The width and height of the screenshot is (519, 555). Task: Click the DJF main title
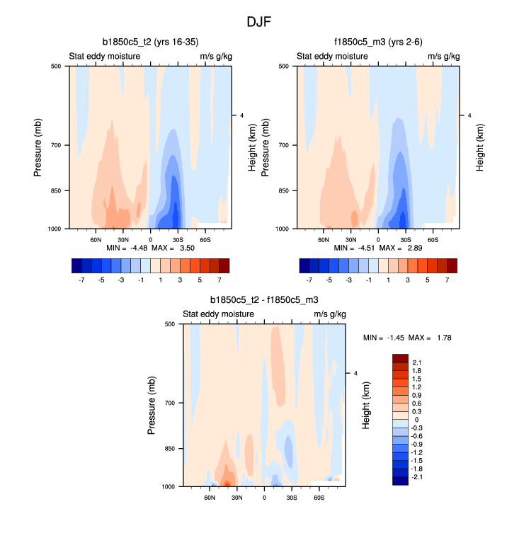pyautogui.click(x=259, y=22)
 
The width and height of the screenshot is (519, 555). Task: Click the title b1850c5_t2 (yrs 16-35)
pyautogui.click(x=154, y=42)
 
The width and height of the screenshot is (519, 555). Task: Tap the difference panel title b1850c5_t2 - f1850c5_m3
pyautogui.click(x=264, y=300)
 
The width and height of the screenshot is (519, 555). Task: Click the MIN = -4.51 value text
pyautogui.click(x=353, y=248)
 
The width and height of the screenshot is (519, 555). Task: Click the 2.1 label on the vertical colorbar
pyautogui.click(x=417, y=362)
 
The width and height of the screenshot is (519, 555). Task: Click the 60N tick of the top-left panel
pyautogui.click(x=96, y=240)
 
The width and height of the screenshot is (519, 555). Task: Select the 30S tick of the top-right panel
pyautogui.click(x=405, y=240)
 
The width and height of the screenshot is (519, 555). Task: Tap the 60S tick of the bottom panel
pyautogui.click(x=319, y=498)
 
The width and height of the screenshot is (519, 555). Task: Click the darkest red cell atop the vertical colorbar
pyautogui.click(x=401, y=358)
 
